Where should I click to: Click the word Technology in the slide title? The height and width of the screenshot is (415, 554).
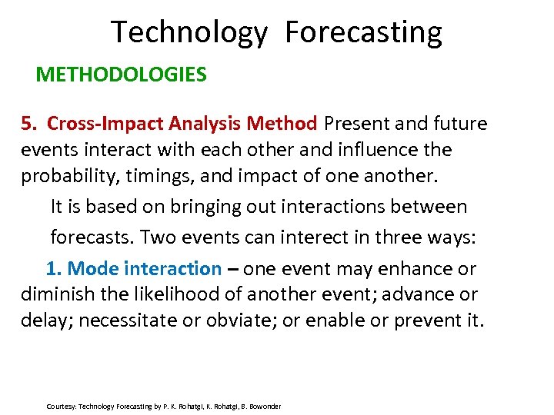pos(189,32)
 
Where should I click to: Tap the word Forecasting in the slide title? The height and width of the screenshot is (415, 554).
pos(363,32)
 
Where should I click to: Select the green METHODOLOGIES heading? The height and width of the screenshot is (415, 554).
pos(122,75)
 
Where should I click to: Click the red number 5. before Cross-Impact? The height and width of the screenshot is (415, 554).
pos(29,123)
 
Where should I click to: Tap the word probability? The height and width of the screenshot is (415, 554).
pos(69,175)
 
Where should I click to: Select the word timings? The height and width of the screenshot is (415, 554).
pos(162,175)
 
